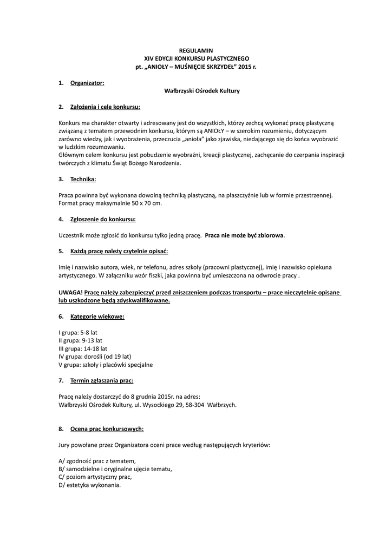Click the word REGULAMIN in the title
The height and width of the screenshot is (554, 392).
(x=196, y=50)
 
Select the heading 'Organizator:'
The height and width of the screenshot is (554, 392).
(x=87, y=83)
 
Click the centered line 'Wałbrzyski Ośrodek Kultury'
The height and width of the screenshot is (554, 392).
(x=201, y=91)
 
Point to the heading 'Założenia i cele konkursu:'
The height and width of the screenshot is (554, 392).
(x=105, y=107)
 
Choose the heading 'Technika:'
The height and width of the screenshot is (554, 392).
(x=83, y=179)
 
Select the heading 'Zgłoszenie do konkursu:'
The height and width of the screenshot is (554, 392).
(x=103, y=219)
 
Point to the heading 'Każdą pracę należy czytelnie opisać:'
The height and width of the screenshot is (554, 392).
(x=119, y=251)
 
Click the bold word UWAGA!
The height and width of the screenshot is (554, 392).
(x=70, y=292)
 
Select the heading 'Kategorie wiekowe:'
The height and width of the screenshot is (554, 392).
(x=97, y=316)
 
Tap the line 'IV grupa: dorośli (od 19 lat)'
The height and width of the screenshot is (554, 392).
(x=95, y=357)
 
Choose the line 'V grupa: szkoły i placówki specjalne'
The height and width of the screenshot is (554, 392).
(x=106, y=365)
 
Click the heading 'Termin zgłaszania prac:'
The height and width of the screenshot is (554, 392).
(x=102, y=381)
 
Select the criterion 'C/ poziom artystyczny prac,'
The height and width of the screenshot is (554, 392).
(x=95, y=477)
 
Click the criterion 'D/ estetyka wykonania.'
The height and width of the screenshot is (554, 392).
(x=89, y=485)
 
